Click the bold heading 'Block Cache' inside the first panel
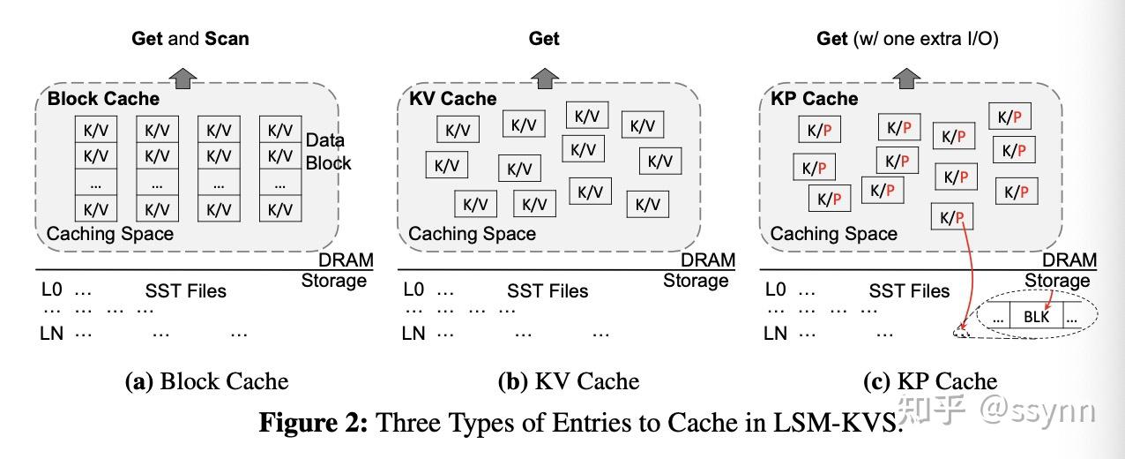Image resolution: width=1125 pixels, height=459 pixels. tap(103, 99)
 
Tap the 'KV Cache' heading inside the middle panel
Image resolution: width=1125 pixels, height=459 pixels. tap(452, 99)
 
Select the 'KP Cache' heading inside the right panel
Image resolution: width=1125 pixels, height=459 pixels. tap(814, 99)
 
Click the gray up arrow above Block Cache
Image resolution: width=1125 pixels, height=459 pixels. tap(183, 76)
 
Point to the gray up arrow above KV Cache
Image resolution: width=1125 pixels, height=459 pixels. tap(544, 76)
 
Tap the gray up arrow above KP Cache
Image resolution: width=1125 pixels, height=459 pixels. tap(905, 76)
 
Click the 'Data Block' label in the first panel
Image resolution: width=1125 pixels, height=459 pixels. tap(327, 151)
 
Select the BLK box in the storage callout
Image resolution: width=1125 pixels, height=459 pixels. tap(1036, 315)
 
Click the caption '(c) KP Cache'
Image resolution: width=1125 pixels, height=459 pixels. tap(929, 381)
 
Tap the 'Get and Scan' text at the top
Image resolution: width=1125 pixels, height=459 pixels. tap(190, 39)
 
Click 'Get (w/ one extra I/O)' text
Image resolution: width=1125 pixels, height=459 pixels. tap(907, 39)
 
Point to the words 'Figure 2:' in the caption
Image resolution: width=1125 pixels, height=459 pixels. tap(313, 422)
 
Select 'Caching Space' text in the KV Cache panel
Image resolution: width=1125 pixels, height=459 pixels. tap(472, 234)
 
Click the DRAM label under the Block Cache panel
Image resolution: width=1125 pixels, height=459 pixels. tap(346, 260)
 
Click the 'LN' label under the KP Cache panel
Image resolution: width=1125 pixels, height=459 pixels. tap(775, 334)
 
